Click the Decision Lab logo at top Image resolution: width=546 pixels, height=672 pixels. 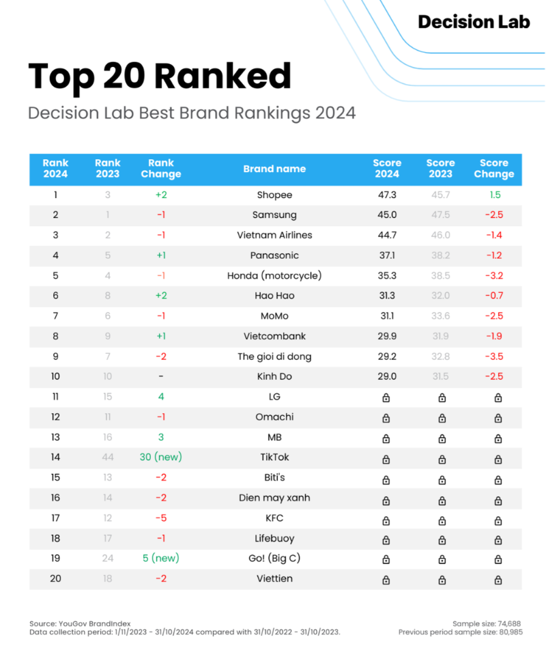click(474, 22)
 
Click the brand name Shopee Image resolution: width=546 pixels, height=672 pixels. click(274, 195)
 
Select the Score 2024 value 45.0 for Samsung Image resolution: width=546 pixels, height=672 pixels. click(387, 214)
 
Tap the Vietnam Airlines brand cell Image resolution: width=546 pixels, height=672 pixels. click(274, 235)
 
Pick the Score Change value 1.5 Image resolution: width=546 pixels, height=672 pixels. click(494, 195)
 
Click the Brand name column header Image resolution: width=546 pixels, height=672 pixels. click(274, 169)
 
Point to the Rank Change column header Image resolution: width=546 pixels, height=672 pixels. click(161, 169)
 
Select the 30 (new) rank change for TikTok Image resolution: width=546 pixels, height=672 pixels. click(161, 457)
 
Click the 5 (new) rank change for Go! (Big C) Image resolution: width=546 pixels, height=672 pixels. click(161, 558)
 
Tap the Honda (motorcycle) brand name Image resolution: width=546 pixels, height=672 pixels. click(274, 275)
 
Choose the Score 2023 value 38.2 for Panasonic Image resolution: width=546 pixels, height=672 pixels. click(440, 255)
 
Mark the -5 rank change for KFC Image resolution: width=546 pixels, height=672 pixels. click(161, 518)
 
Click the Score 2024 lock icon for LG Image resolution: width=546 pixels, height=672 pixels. click(386, 397)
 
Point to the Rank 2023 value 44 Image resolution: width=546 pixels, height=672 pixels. click(107, 457)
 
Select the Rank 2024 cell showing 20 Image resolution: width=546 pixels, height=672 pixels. click(55, 578)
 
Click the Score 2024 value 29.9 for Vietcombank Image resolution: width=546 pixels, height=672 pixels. click(387, 336)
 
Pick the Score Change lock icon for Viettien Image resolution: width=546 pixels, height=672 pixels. click(498, 580)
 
